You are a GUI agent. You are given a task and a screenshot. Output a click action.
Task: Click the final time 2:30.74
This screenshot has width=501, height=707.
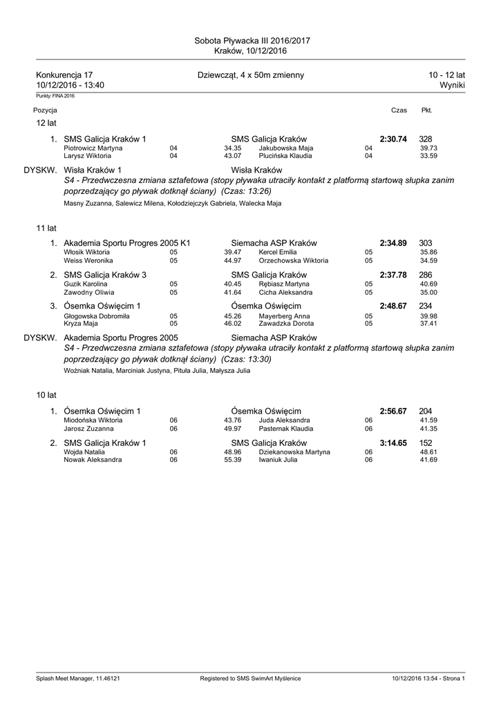point(393,139)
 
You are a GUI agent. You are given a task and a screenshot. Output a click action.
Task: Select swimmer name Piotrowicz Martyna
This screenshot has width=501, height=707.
point(93,148)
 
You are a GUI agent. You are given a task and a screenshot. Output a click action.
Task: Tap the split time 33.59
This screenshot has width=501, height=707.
point(428,156)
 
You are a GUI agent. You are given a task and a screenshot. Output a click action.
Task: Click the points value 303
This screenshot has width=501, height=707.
point(426,243)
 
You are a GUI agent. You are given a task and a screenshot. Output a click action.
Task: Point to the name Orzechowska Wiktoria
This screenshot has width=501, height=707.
point(293,261)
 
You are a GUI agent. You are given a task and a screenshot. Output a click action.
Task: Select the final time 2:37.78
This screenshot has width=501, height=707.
point(393,275)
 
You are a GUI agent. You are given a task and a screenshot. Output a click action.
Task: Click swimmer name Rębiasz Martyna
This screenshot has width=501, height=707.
point(285,284)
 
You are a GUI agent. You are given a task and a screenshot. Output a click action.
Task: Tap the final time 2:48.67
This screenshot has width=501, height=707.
point(393,306)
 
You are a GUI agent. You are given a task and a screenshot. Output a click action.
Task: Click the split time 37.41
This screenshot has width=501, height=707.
point(428,323)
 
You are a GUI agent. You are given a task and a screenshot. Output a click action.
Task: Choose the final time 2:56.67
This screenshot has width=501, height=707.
point(393,411)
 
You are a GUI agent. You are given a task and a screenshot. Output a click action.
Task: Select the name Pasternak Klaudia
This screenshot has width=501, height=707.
point(285,428)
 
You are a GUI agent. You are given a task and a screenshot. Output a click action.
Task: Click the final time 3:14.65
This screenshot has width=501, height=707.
point(393,443)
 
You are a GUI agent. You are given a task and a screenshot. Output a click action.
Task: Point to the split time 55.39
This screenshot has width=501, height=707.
point(232,459)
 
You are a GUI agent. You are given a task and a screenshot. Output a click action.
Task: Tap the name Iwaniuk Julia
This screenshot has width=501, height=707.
point(278,459)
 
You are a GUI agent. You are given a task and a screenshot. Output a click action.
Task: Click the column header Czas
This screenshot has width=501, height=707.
point(399,110)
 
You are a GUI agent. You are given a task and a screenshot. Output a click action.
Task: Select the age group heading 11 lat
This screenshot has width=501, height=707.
point(46,227)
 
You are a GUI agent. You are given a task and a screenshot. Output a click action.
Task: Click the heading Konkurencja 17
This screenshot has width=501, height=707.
point(64,75)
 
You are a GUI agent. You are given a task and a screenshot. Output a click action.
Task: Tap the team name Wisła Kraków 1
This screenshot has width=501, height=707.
point(93,170)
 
